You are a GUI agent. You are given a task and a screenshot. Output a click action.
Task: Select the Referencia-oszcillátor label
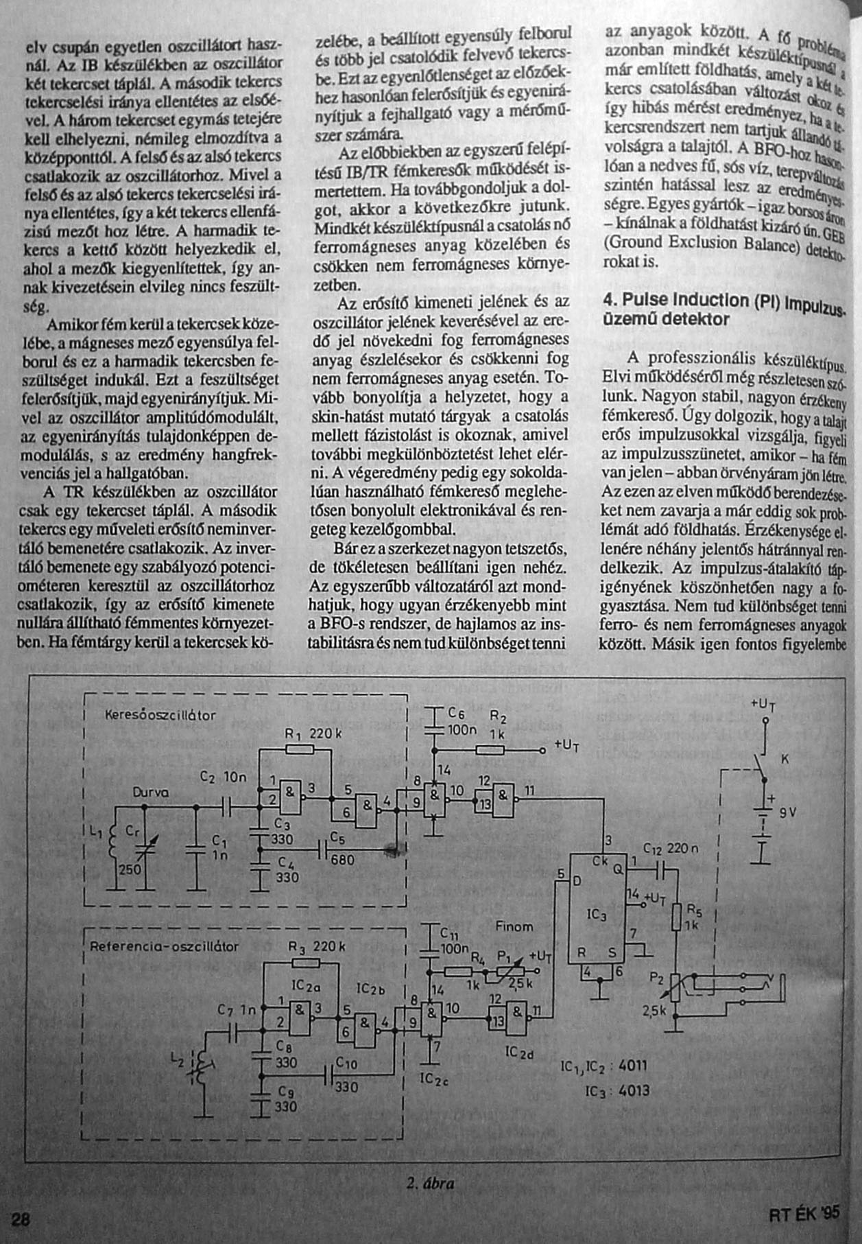pyautogui.click(x=165, y=947)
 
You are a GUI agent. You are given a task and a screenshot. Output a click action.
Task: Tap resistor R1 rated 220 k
pyautogui.click(x=295, y=750)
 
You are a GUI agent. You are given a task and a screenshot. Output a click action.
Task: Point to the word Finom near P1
pyautogui.click(x=514, y=927)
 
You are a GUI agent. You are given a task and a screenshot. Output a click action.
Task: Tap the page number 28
pyautogui.click(x=21, y=1219)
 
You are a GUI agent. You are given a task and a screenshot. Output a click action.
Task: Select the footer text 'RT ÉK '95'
pyautogui.click(x=804, y=1212)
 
